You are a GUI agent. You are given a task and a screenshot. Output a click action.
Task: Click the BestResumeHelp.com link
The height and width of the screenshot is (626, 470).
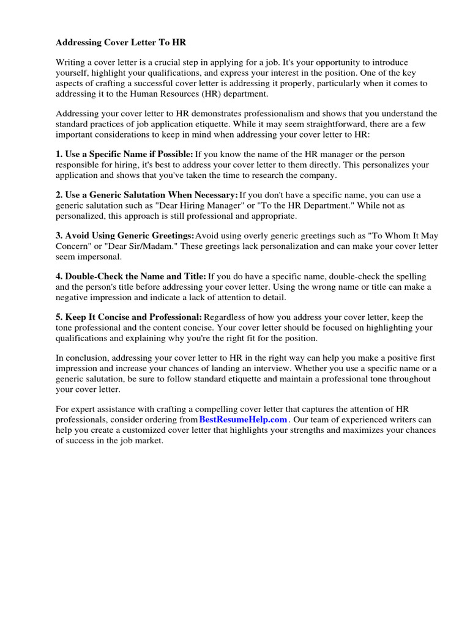click(x=243, y=420)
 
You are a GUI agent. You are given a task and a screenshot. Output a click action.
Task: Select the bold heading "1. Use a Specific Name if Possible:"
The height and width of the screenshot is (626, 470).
click(x=125, y=154)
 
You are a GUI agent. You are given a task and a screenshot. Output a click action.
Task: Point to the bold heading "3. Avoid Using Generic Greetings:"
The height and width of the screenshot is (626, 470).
click(x=125, y=236)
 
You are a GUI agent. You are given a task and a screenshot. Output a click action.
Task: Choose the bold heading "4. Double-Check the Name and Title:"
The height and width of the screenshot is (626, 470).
click(x=131, y=277)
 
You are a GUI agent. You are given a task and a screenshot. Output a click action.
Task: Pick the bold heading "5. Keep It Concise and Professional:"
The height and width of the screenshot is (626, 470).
click(x=129, y=317)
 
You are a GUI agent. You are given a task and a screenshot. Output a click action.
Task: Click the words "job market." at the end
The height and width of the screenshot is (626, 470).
click(x=142, y=441)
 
